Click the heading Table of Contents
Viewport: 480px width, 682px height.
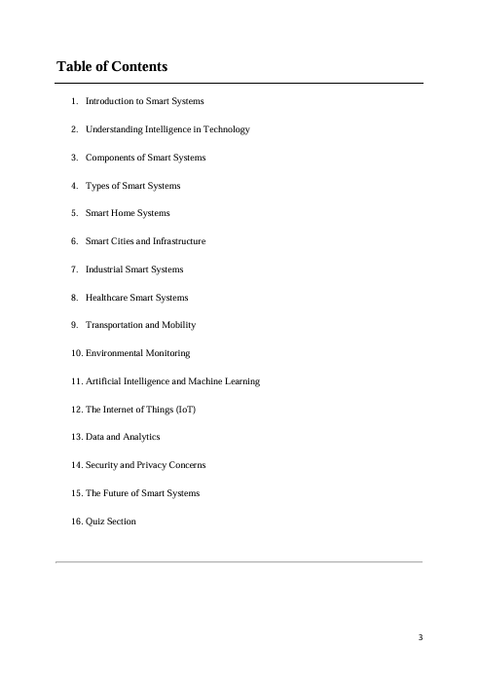(x=112, y=67)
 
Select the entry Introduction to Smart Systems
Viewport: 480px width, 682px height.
(x=144, y=101)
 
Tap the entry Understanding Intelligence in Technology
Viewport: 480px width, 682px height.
(x=167, y=129)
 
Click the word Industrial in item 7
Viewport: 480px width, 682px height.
(x=105, y=269)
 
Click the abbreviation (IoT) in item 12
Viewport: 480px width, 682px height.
(x=183, y=410)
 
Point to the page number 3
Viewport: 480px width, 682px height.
(x=420, y=638)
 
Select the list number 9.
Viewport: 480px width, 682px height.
(x=75, y=325)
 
